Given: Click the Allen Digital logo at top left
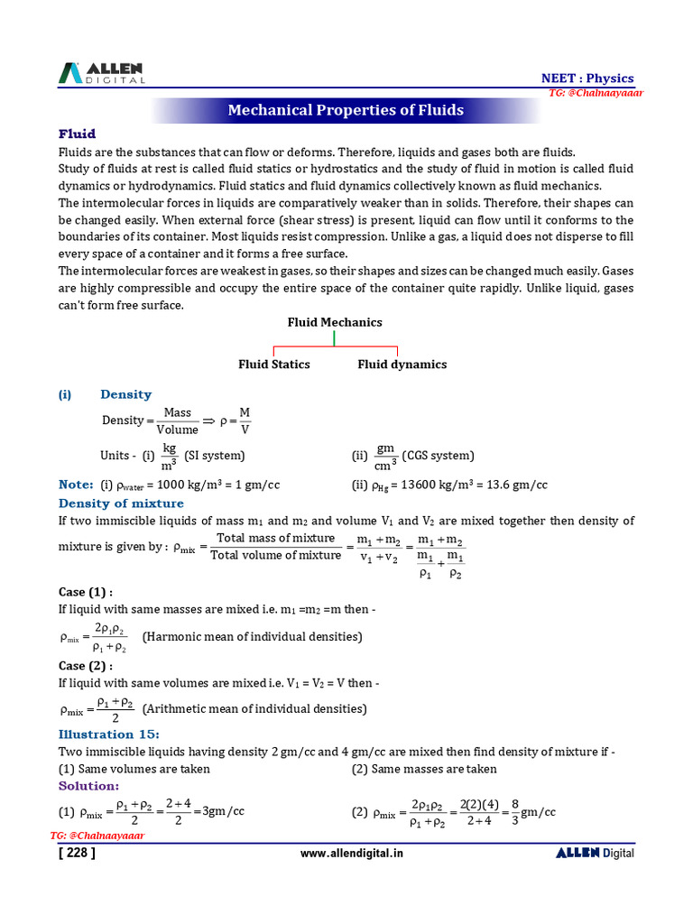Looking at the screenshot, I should click(102, 73).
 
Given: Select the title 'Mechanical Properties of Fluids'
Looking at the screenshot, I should click(346, 110).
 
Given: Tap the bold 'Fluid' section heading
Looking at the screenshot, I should click(77, 134).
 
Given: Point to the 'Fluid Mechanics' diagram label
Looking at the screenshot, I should click(335, 322).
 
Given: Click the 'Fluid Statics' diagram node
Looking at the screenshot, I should click(273, 365).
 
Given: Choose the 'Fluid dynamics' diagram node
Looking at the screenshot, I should click(402, 365).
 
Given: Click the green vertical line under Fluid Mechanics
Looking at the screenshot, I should click(335, 338).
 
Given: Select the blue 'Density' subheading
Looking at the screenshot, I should click(125, 394).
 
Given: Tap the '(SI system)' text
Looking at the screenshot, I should click(215, 456).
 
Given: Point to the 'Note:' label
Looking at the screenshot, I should click(76, 485).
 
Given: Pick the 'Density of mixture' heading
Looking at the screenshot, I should click(121, 504).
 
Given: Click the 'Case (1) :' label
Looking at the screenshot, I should click(86, 592).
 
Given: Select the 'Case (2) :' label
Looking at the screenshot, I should click(86, 666).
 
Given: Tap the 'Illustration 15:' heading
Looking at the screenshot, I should click(108, 735).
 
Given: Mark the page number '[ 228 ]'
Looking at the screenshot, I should click(76, 853).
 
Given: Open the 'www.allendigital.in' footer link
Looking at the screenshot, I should click(351, 854).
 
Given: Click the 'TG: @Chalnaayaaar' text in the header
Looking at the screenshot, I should click(596, 94).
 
